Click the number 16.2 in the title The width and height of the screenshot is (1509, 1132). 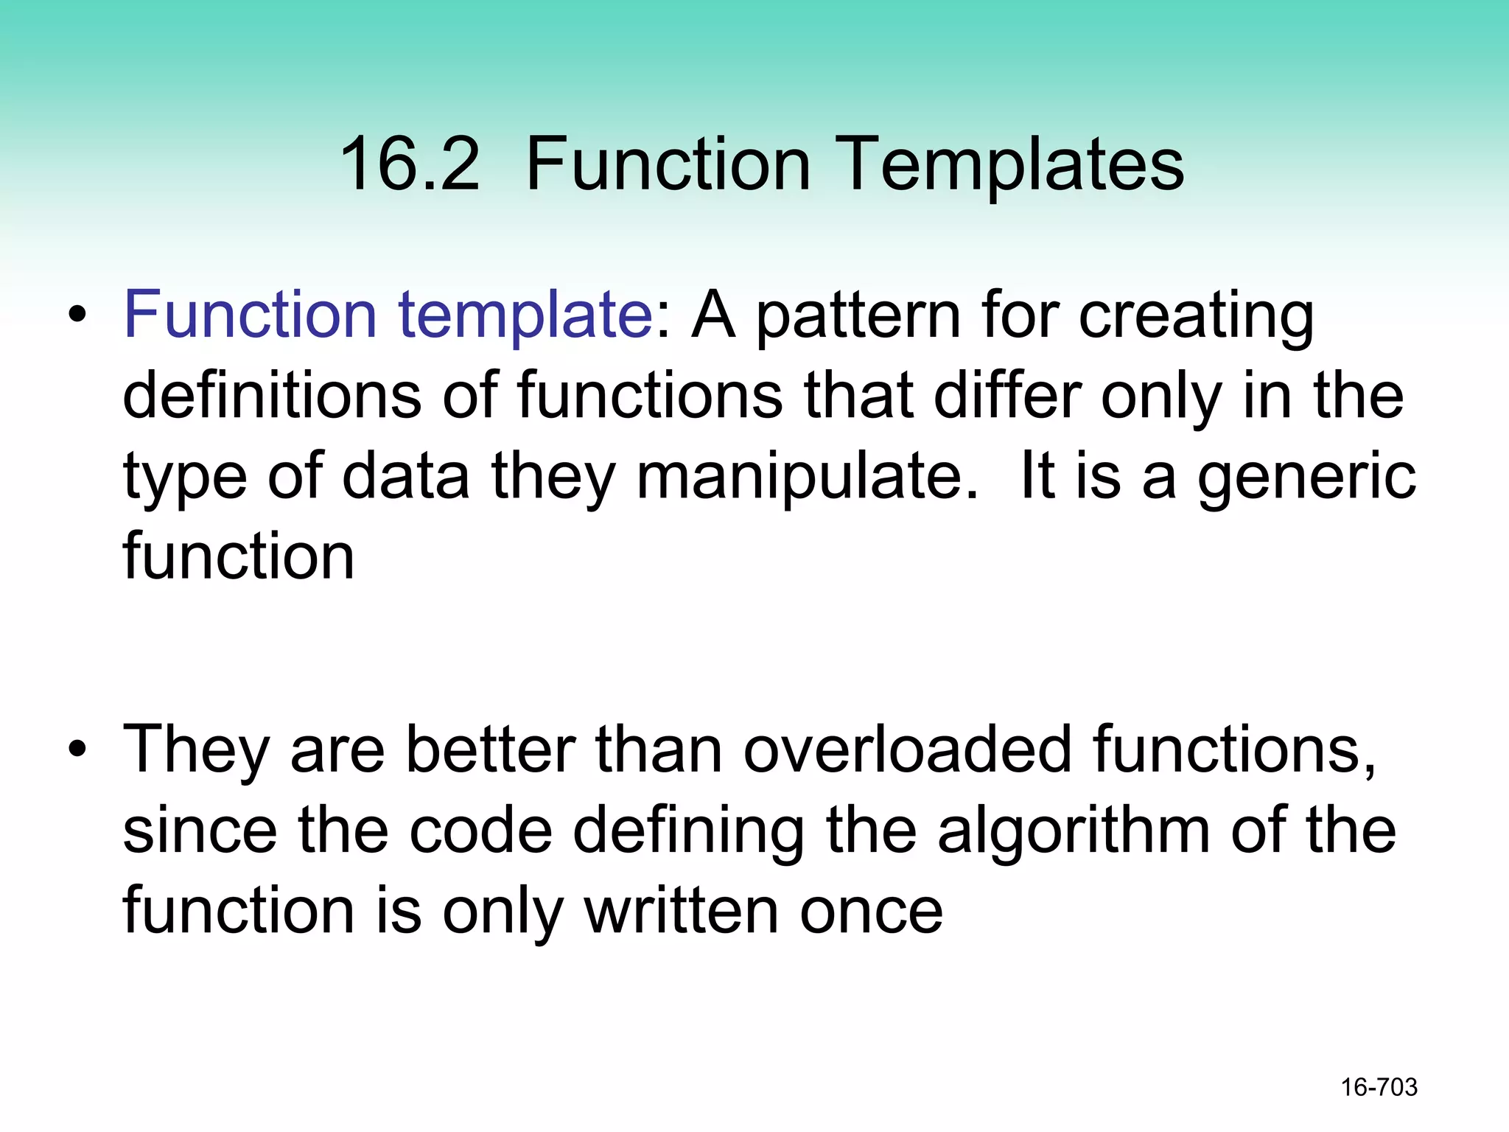pos(410,164)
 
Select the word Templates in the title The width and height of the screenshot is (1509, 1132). pos(1010,165)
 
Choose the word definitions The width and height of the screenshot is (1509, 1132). pos(272,396)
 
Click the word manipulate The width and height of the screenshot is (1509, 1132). pos(808,478)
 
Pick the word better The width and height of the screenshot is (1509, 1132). pos(491,750)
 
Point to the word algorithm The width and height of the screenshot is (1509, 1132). pos(1074,831)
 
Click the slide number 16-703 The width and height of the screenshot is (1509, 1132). pos(1379,1087)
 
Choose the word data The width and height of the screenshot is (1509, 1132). pos(406,477)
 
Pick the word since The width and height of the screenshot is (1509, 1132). pos(200,831)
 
